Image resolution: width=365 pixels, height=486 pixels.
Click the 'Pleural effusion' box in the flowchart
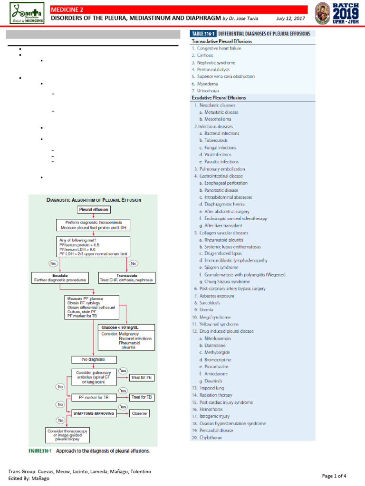point(93,209)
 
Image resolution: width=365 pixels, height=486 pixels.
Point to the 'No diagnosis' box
point(93,359)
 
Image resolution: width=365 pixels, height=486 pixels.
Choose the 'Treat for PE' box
point(142,378)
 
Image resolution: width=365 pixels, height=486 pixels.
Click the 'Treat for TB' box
point(142,397)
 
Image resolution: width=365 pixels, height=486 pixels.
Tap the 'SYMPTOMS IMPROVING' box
point(93,413)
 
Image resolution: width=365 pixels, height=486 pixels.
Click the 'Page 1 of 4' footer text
point(334,476)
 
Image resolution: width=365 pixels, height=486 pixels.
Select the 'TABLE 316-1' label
point(203,34)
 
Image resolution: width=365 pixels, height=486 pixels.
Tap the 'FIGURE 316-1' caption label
point(41,451)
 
